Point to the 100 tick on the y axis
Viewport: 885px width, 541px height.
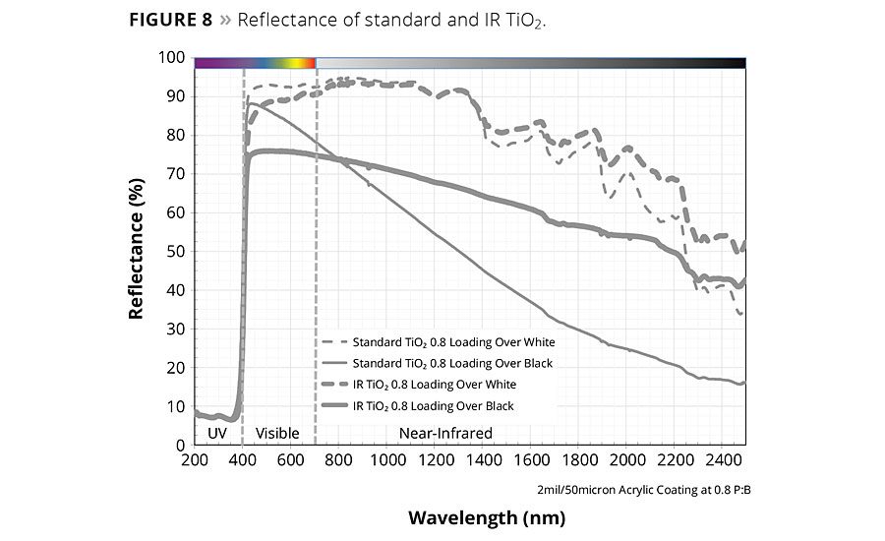(173, 58)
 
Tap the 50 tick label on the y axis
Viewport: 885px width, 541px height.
(177, 251)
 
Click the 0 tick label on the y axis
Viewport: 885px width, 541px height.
(181, 444)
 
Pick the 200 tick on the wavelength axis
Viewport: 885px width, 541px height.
(196, 460)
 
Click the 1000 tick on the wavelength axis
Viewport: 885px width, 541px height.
(387, 460)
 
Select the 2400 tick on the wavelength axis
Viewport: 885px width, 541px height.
(722, 460)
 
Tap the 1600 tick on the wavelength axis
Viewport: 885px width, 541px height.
(531, 460)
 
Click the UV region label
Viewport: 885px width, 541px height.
(218, 433)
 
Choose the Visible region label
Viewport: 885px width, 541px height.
(276, 433)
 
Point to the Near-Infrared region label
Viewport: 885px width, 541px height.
(445, 433)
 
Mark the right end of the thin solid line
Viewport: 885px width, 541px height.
(744, 382)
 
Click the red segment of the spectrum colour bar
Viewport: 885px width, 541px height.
(311, 63)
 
